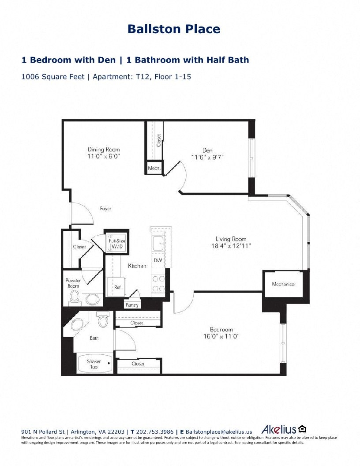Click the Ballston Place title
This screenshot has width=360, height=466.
[x=174, y=29]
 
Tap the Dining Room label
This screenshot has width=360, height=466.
[x=104, y=150]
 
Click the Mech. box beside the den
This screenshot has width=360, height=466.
[x=154, y=168]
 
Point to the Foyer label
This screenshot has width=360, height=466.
[x=105, y=209]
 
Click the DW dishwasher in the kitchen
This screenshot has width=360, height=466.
[x=157, y=260]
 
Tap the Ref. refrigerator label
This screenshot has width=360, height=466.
[x=117, y=287]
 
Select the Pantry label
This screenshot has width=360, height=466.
[x=132, y=305]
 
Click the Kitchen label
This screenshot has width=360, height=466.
[x=137, y=266]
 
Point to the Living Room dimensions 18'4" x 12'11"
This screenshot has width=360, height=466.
[x=231, y=246]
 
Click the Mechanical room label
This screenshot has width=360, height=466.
[x=284, y=284]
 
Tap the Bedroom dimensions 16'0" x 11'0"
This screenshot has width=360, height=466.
[x=221, y=336]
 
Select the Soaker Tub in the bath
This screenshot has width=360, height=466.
[x=94, y=364]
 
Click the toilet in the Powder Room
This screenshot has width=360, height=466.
[x=74, y=298]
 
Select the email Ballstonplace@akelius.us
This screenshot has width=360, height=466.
[x=219, y=432]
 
